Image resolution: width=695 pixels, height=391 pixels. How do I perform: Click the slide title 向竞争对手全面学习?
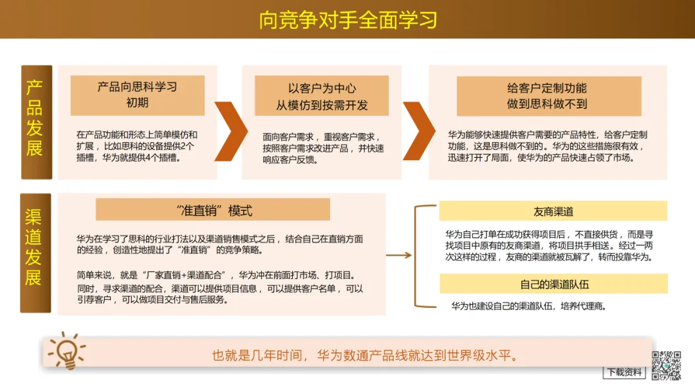(347, 20)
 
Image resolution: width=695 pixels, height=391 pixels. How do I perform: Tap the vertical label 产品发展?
(35, 122)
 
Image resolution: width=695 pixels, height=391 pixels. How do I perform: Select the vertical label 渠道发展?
(35, 253)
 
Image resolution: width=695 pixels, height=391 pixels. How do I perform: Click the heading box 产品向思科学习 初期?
(137, 95)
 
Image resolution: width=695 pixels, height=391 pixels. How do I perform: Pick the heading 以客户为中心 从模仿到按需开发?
(322, 96)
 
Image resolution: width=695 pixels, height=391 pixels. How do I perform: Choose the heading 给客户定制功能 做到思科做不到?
(548, 96)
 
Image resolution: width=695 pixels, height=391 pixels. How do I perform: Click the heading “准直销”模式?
(213, 210)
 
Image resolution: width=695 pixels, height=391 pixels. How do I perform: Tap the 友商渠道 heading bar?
(553, 211)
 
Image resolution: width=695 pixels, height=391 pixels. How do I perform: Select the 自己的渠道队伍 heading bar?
(553, 284)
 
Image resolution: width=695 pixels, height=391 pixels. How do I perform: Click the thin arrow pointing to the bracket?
(398, 255)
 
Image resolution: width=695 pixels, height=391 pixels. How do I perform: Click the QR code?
(667, 365)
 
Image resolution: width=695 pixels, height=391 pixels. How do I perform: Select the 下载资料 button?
(624, 372)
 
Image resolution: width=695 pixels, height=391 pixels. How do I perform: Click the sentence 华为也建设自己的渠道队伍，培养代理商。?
(528, 306)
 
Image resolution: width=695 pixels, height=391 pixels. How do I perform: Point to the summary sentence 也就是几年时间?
(365, 356)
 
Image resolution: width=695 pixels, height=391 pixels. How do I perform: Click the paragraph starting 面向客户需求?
(323, 148)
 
